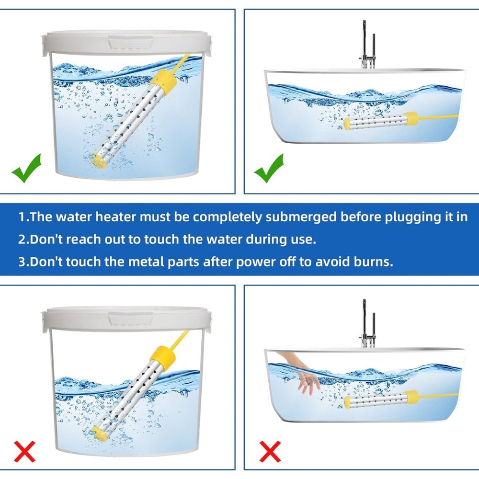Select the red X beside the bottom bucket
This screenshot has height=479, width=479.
(25, 452)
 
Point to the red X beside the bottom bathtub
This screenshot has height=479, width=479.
(270, 452)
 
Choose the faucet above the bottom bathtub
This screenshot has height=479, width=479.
(367, 323)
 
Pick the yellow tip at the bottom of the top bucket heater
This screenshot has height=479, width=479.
(98, 160)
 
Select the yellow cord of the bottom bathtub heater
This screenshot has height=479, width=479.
(438, 396)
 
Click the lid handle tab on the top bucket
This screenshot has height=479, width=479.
(131, 42)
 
